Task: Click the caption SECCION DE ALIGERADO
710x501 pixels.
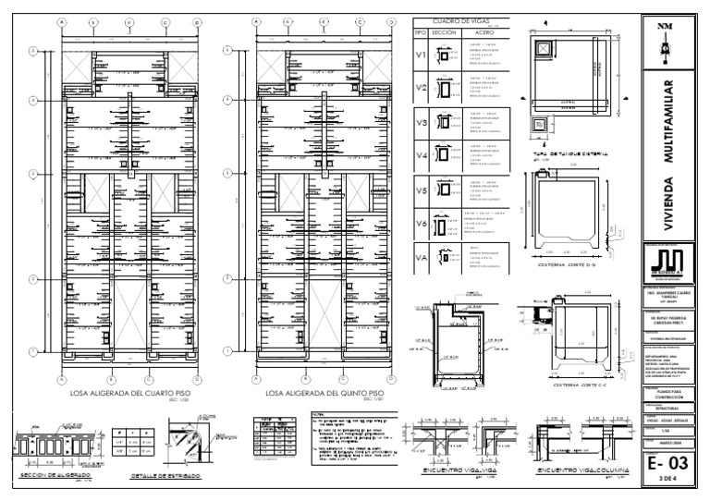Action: coord(53,476)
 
